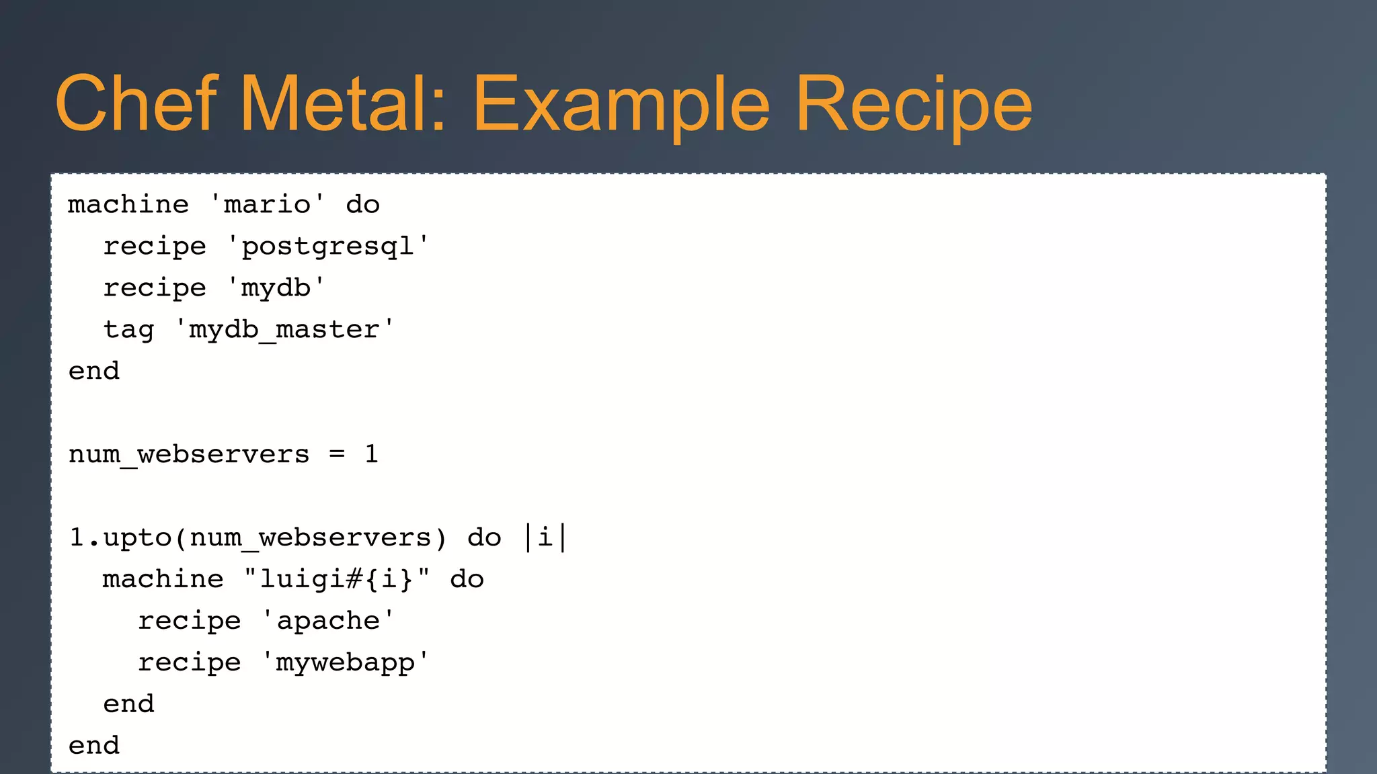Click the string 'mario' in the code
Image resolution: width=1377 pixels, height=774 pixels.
pyautogui.click(x=267, y=204)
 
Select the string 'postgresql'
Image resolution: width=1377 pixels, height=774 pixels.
pyautogui.click(x=327, y=247)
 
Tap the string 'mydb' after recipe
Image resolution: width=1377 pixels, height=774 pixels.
pyautogui.click(x=276, y=288)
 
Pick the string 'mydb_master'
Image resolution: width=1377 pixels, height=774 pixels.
pyautogui.click(x=284, y=330)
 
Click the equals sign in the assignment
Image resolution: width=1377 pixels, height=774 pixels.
pyautogui.click(x=337, y=454)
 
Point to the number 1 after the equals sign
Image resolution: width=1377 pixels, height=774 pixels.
pyautogui.click(x=371, y=454)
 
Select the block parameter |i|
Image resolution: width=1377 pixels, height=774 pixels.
pyautogui.click(x=545, y=537)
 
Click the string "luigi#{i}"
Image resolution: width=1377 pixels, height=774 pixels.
pyautogui.click(x=336, y=579)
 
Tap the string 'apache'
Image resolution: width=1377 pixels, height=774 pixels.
pyautogui.click(x=327, y=621)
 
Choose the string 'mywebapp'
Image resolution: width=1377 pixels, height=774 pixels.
pyautogui.click(x=345, y=662)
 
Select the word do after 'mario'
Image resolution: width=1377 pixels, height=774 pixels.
pyautogui.click(x=362, y=204)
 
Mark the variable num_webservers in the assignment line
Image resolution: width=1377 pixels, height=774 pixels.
pyautogui.click(x=189, y=455)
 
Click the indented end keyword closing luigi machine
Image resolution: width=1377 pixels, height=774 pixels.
pyautogui.click(x=128, y=704)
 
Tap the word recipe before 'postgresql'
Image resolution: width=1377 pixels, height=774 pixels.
pyautogui.click(x=155, y=247)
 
